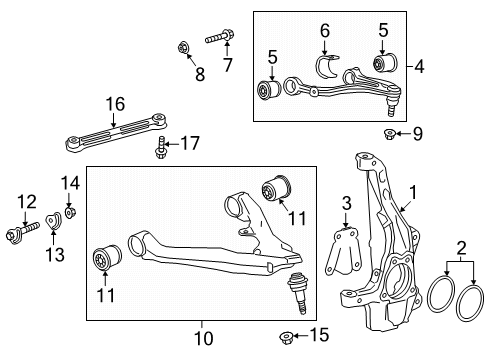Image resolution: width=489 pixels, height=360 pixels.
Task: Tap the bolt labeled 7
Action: [x=218, y=39]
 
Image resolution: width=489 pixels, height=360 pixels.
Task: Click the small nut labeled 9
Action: [x=391, y=134]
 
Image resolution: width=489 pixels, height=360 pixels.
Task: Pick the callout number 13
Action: [x=56, y=255]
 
